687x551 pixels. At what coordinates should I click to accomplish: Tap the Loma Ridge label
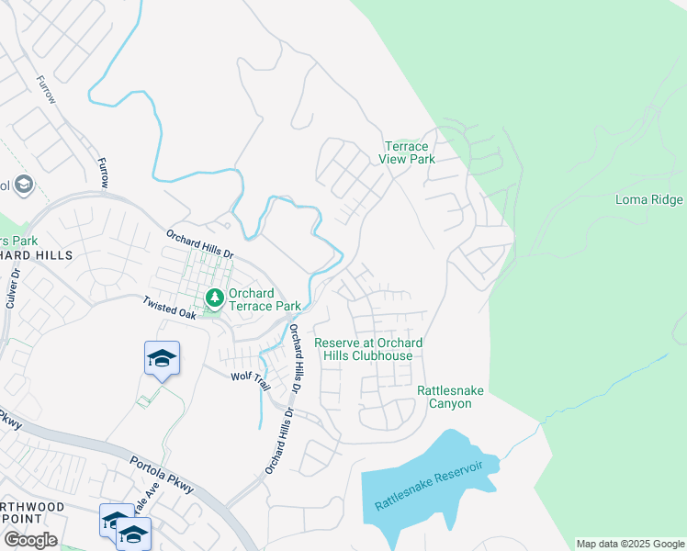click(648, 200)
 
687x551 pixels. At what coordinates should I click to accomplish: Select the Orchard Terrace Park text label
click(265, 299)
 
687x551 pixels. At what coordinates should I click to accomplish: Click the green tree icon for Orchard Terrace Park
click(215, 298)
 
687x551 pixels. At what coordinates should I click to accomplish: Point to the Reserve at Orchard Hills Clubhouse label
click(368, 349)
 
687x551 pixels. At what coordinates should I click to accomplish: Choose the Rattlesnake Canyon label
click(450, 398)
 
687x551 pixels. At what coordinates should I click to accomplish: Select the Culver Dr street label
click(13, 295)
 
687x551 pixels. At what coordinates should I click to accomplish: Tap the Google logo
click(30, 540)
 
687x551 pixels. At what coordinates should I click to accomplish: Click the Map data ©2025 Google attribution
click(630, 544)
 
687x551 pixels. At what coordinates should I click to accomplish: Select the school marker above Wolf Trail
click(162, 358)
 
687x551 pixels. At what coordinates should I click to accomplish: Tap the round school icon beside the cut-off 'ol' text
click(25, 186)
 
